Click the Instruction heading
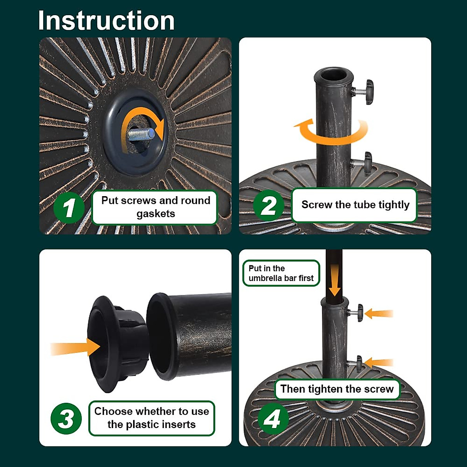click(x=106, y=21)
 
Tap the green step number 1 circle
click(x=69, y=208)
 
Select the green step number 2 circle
click(x=269, y=205)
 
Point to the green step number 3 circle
click(x=66, y=418)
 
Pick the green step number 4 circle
click(x=273, y=419)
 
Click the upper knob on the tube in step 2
click(x=364, y=92)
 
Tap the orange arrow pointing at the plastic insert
click(x=75, y=347)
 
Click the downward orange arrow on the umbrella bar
click(x=335, y=280)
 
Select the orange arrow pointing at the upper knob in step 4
click(x=378, y=314)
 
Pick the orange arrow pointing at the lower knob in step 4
click(x=378, y=363)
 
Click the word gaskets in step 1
click(x=156, y=214)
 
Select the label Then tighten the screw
click(x=337, y=389)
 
